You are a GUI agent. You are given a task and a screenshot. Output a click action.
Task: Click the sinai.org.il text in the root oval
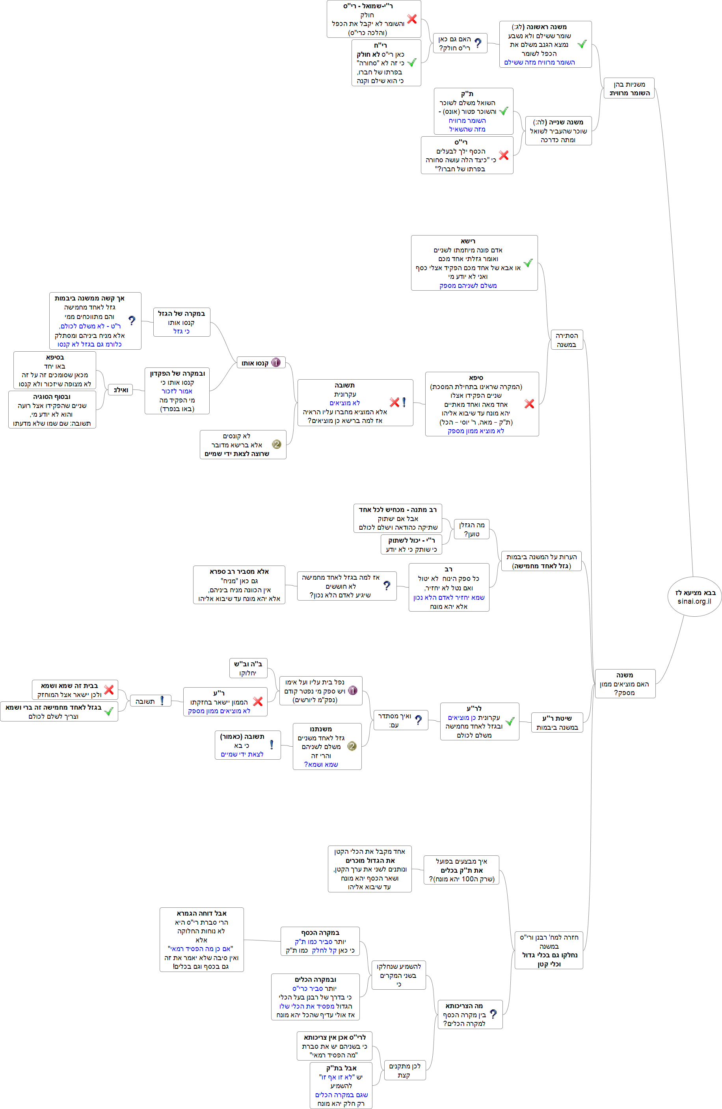694,601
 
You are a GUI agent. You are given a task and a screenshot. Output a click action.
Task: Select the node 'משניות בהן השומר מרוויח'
629,88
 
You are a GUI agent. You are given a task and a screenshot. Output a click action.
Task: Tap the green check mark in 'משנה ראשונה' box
582,44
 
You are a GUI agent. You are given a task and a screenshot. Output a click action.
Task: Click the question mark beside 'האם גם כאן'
478,43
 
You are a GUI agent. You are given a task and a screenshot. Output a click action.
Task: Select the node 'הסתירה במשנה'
567,340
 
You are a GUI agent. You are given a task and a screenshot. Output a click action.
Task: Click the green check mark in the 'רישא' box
528,263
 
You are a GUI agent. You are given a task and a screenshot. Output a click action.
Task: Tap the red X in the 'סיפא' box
529,404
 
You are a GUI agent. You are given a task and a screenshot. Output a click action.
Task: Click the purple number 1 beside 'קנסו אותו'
275,363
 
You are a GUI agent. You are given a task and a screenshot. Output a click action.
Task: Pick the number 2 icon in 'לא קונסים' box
277,444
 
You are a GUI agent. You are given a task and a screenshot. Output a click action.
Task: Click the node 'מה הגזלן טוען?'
471,529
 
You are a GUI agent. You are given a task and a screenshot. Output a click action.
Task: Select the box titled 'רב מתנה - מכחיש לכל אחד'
398,518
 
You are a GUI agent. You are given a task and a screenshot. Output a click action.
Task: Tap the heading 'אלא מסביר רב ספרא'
239,571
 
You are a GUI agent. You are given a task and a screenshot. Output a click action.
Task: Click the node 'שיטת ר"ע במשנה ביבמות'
557,722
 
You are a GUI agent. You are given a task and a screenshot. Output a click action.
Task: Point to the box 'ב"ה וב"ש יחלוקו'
248,668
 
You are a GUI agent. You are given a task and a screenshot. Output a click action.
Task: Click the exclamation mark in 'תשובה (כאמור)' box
272,745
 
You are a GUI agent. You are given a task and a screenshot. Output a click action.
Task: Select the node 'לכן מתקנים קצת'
404,1070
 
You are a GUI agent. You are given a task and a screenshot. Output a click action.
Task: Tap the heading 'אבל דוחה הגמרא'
201,913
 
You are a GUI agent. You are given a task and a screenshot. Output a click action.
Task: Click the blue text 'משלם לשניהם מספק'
468,285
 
